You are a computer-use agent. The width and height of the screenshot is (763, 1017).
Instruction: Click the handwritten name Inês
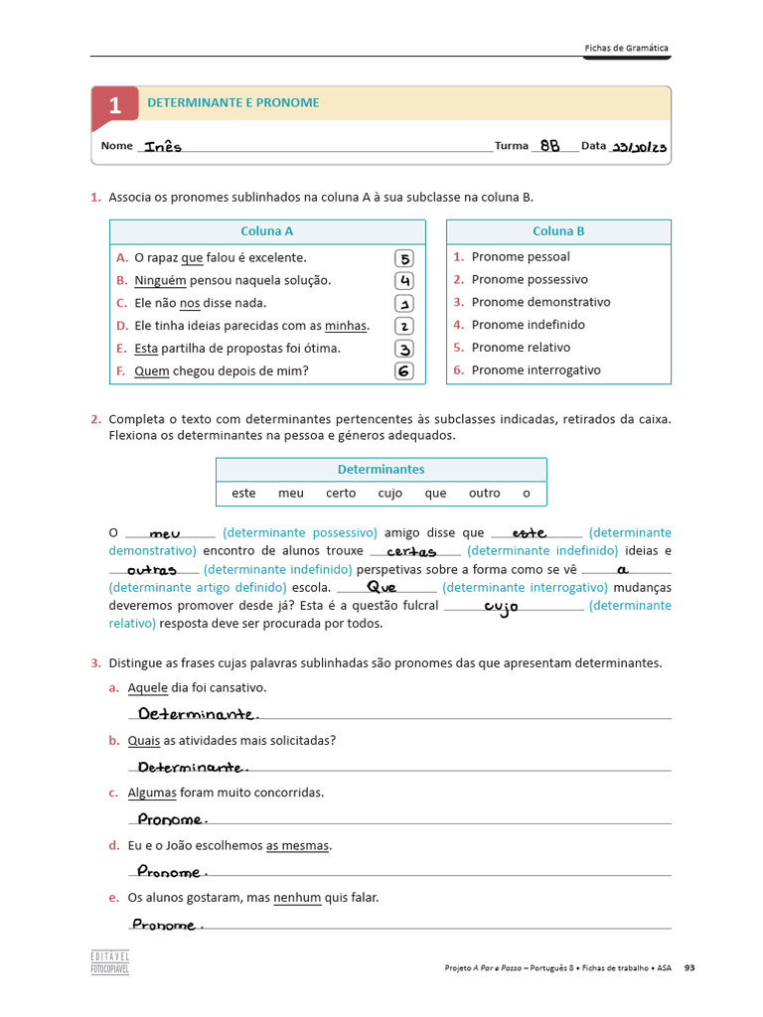click(163, 146)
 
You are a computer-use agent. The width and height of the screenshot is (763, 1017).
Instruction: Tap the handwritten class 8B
click(549, 145)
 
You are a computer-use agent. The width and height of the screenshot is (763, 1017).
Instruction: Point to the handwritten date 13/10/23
click(639, 147)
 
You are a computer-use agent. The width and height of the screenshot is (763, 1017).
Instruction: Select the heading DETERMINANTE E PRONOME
click(233, 102)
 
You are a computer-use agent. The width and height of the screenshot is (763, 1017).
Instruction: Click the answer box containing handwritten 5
click(404, 258)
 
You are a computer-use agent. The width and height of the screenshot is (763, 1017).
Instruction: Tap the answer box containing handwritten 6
click(404, 371)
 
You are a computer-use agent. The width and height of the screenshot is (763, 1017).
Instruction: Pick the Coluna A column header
click(267, 231)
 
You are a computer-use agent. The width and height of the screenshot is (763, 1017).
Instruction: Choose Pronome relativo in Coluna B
click(521, 348)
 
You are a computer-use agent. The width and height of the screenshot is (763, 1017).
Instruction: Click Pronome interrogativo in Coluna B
click(535, 370)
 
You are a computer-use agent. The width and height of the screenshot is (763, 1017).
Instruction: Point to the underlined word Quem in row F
click(152, 371)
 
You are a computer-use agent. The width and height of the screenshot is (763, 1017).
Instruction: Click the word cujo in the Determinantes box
click(390, 493)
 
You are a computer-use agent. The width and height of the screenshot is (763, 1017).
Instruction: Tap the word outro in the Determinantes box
click(485, 493)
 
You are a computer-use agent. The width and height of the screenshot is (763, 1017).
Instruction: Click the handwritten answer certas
click(411, 551)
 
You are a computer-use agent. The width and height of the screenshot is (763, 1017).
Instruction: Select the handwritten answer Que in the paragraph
click(381, 587)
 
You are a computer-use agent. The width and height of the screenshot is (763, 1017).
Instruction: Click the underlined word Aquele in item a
click(148, 687)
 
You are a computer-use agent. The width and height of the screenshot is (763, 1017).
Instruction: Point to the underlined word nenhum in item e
click(297, 898)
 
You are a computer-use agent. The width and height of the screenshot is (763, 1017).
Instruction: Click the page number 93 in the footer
click(689, 967)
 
